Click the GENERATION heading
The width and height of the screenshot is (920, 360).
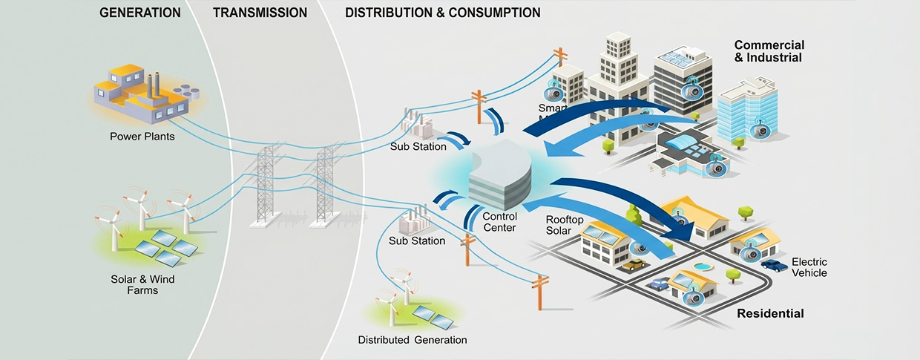pyautogui.click(x=139, y=13)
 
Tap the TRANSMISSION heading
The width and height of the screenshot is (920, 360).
pyautogui.click(x=259, y=13)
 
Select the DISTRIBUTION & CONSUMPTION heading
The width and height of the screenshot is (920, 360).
pyautogui.click(x=442, y=13)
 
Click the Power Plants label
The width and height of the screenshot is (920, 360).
pyautogui.click(x=142, y=137)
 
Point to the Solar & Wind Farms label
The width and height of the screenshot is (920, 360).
pyautogui.click(x=142, y=285)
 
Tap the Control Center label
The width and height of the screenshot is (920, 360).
pyautogui.click(x=499, y=222)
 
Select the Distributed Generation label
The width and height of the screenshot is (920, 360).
pyautogui.click(x=413, y=340)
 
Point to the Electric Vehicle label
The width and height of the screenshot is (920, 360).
pyautogui.click(x=809, y=267)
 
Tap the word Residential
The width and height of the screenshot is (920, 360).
pyautogui.click(x=770, y=313)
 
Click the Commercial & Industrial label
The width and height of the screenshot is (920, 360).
pyautogui.click(x=769, y=51)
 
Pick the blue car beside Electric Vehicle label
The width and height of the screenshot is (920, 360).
pyautogui.click(x=774, y=264)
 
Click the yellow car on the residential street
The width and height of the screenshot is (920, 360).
pyautogui.click(x=634, y=264)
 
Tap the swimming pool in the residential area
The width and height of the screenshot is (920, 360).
pyautogui.click(x=700, y=266)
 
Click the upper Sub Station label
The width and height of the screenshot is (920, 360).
pyautogui.click(x=418, y=146)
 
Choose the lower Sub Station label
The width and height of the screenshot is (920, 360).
pyautogui.click(x=417, y=240)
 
